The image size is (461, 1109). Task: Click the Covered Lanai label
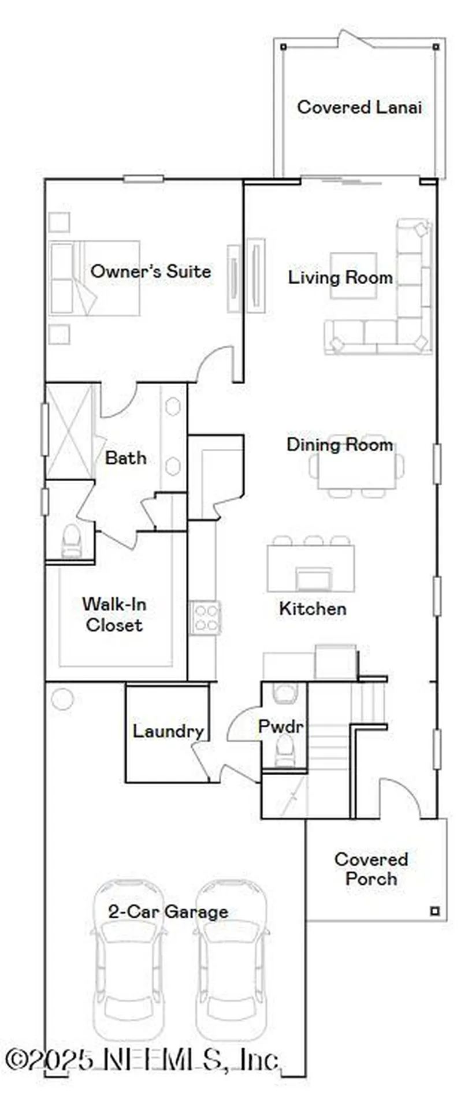359,107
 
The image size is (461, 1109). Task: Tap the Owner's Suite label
150,271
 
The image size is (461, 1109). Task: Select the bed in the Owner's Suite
94,278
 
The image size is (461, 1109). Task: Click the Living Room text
340,278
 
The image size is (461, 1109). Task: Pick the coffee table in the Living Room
353,275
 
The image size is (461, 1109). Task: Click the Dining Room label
340,445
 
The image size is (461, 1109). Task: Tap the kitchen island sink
314,578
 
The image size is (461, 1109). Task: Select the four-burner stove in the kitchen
206,617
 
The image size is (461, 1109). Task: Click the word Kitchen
313,609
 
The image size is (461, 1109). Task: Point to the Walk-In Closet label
114,615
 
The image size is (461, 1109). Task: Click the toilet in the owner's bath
72,541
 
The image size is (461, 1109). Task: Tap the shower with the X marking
69,431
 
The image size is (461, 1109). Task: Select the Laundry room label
168,731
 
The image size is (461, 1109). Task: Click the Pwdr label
280,727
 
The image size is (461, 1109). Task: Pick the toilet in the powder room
284,750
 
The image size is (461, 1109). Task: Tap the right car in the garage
231,959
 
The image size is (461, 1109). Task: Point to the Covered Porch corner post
435,911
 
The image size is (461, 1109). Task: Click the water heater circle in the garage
62,699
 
